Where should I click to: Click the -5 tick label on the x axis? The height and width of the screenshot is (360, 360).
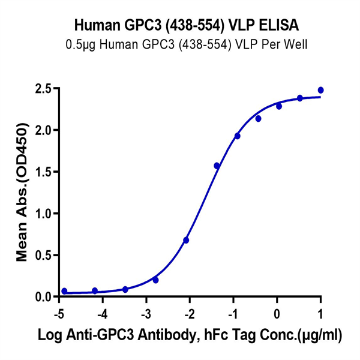tap(59, 313)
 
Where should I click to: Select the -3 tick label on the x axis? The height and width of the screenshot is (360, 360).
tap(146, 313)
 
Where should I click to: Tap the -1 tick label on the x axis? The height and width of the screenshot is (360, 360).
tap(233, 313)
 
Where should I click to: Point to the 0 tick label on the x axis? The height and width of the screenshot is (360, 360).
tap(277, 313)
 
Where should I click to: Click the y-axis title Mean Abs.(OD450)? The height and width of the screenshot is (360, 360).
tap(22, 192)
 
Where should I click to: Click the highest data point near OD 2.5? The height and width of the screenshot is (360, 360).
tap(320, 90)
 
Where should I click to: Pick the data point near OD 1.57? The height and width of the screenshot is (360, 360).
tap(217, 166)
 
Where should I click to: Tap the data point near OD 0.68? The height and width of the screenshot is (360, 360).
tap(186, 240)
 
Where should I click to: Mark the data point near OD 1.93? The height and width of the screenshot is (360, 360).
tap(237, 136)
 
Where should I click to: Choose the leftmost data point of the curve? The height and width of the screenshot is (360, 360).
tap(64, 291)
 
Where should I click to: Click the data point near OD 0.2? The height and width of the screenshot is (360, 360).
tap(155, 280)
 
